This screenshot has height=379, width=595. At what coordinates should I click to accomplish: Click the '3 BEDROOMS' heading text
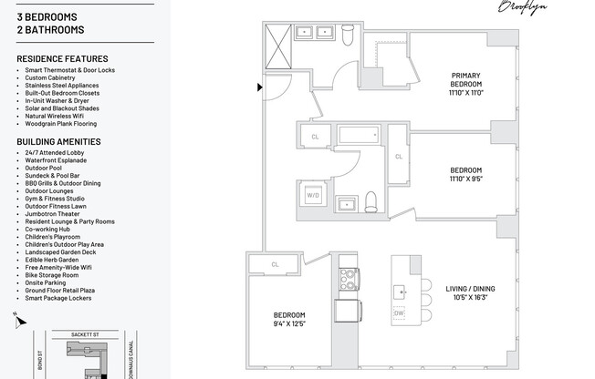(x=47, y=17)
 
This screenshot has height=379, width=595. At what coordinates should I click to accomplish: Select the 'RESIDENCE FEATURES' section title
(x=62, y=59)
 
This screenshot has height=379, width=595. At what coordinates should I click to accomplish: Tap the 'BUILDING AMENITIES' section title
(x=58, y=142)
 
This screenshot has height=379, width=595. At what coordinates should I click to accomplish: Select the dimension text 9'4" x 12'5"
(x=288, y=323)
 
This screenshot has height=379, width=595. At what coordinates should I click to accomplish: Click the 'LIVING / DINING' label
(x=471, y=290)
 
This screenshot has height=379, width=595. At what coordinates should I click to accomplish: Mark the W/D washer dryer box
(x=313, y=195)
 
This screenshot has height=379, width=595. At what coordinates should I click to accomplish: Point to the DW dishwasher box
(x=399, y=313)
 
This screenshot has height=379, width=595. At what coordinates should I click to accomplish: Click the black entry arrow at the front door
(x=260, y=87)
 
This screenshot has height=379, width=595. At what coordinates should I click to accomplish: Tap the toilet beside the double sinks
(x=346, y=35)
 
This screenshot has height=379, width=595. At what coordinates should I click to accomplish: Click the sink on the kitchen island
(x=400, y=292)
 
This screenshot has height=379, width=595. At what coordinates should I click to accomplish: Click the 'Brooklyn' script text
(x=521, y=7)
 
